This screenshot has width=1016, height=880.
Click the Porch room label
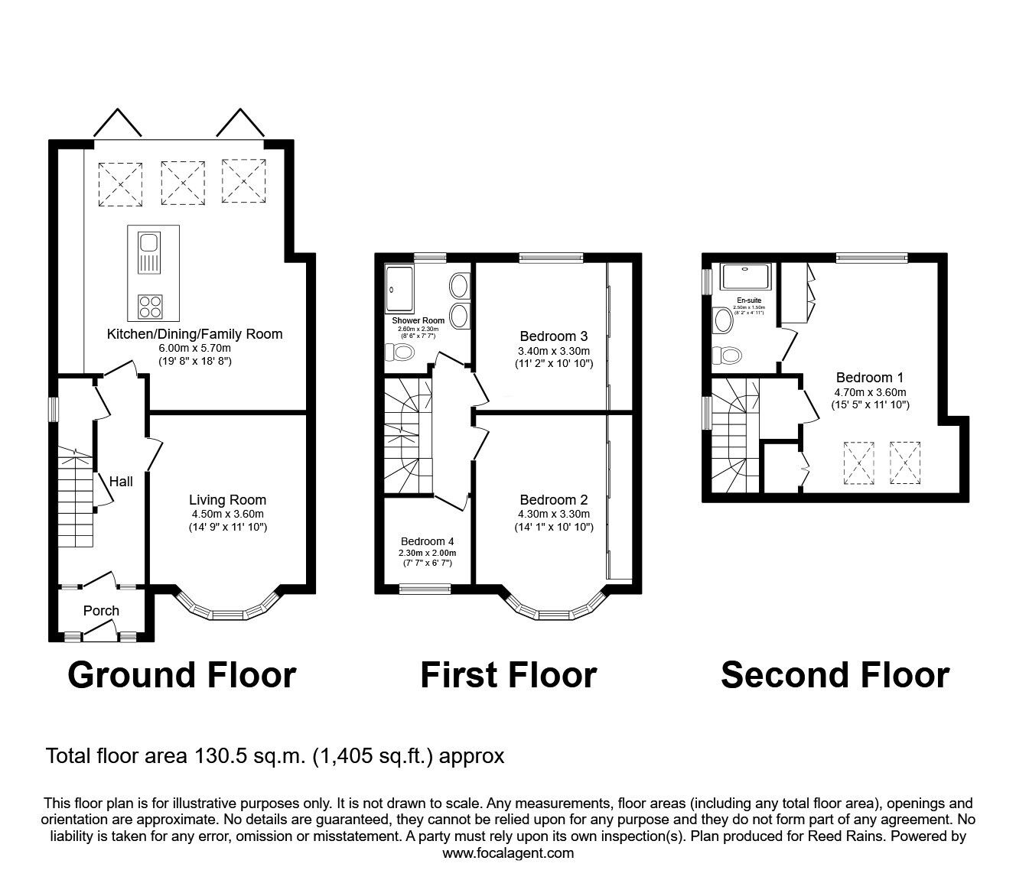point(101,610)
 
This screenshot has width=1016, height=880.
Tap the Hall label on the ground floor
point(121,481)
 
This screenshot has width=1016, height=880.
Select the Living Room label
point(228,500)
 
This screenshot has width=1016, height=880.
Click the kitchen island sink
point(148,254)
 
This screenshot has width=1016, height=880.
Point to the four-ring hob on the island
point(151,306)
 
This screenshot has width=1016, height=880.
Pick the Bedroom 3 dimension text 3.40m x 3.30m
point(553,351)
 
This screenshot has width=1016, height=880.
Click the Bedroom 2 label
point(553,500)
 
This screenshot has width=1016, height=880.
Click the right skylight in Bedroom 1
point(905,463)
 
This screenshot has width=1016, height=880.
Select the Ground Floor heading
point(181,674)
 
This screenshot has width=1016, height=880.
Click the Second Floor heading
point(835,674)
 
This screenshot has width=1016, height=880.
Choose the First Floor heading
point(508,674)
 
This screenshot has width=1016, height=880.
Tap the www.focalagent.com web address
point(508,852)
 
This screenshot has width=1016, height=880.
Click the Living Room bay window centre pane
point(228,613)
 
